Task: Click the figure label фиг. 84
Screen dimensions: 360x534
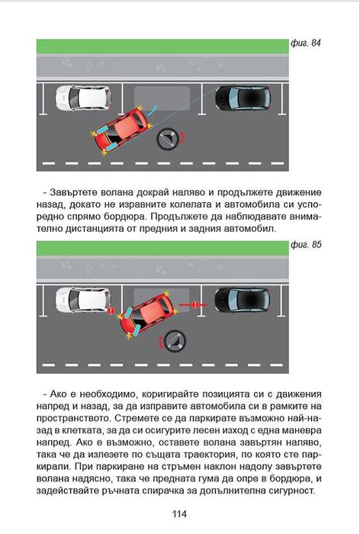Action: tap(306, 43)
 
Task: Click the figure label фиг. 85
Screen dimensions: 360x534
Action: tap(306, 245)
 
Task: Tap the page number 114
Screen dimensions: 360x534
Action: tap(179, 514)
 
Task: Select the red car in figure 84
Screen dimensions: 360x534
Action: tap(121, 130)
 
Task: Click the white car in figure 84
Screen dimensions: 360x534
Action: tap(83, 98)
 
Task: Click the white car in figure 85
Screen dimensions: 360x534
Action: tap(83, 299)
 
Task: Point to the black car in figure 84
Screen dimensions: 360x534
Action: tap(243, 98)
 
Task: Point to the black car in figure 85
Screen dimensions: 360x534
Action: tap(242, 299)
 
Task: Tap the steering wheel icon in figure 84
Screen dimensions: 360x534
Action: tap(167, 138)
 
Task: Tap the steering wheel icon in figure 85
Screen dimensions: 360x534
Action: tap(175, 340)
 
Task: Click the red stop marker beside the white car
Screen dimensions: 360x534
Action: tap(111, 310)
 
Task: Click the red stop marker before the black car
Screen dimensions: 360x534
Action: tap(195, 304)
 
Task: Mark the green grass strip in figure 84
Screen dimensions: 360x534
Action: tap(162, 46)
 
